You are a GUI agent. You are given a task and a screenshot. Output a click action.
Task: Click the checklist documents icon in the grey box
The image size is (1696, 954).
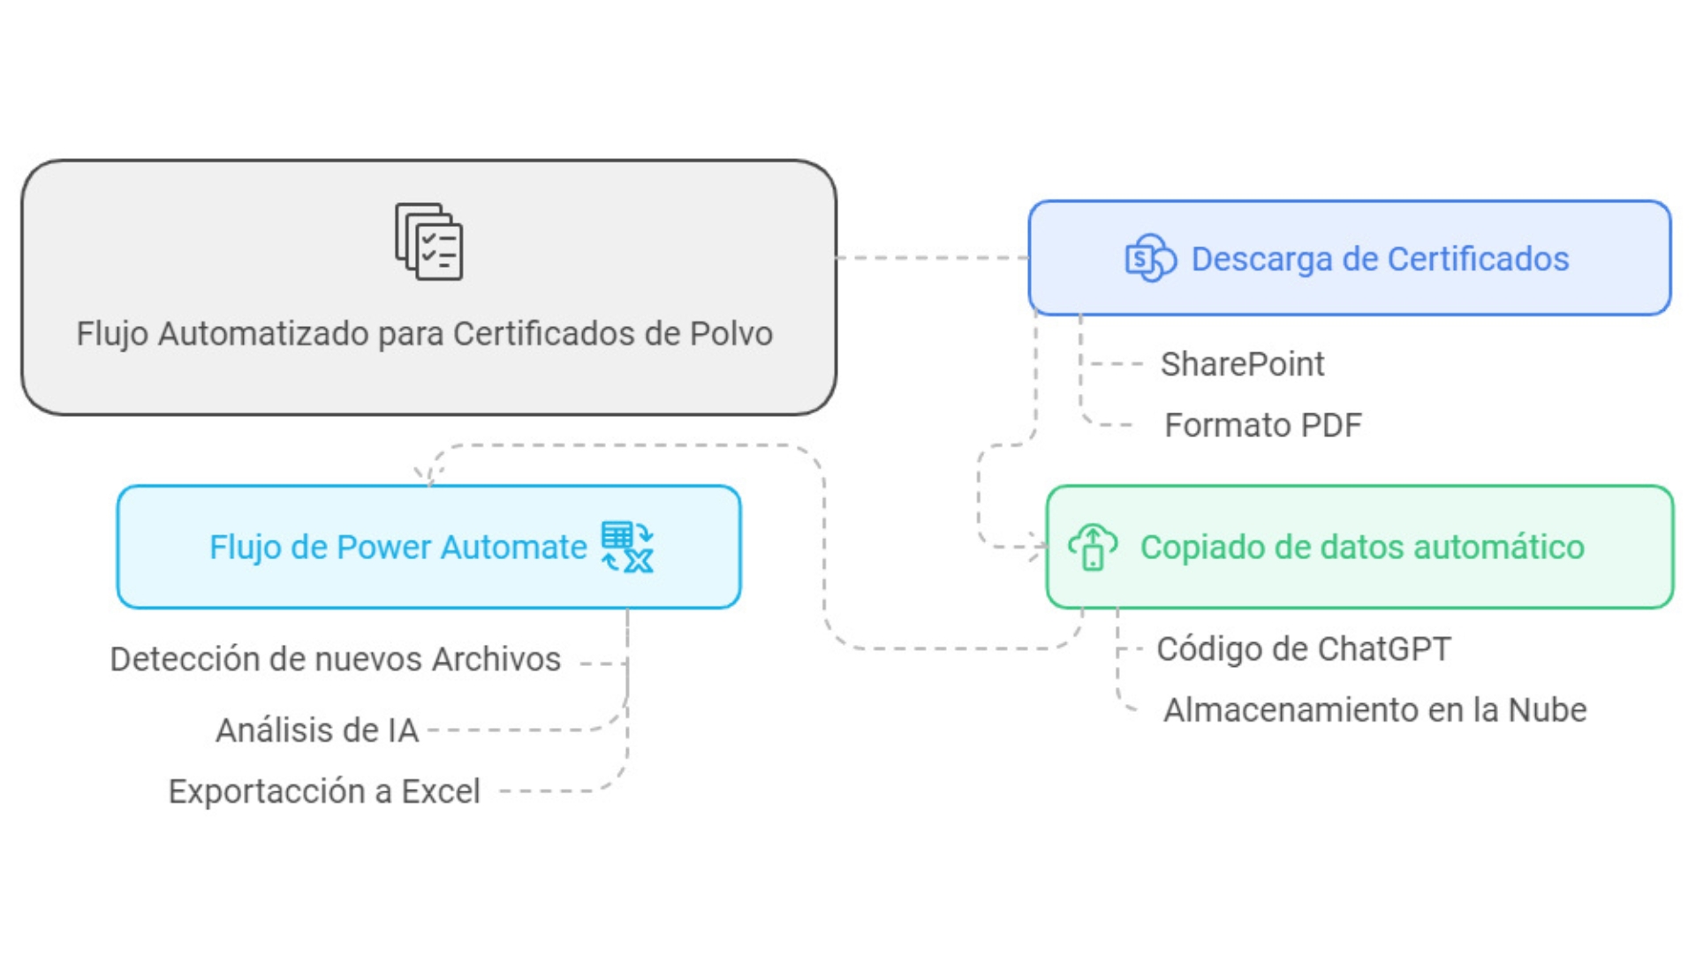pyautogui.click(x=428, y=242)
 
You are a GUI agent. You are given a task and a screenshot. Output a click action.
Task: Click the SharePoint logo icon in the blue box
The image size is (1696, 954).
pyautogui.click(x=1150, y=258)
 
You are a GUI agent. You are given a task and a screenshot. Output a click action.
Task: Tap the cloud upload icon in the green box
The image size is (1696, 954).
pyautogui.click(x=1093, y=547)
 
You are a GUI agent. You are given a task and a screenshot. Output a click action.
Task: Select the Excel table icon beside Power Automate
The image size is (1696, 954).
pyautogui.click(x=627, y=547)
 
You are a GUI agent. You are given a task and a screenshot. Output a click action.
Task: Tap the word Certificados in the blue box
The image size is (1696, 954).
pyautogui.click(x=1478, y=259)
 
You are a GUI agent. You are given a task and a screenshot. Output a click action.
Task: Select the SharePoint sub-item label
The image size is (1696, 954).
pyautogui.click(x=1242, y=364)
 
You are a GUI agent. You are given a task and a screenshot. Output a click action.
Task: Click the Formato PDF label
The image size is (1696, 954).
pyautogui.click(x=1263, y=425)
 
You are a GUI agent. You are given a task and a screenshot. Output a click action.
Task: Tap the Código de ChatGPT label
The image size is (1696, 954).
pyautogui.click(x=1304, y=649)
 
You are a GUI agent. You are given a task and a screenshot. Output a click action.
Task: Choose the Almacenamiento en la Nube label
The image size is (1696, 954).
pyautogui.click(x=1374, y=710)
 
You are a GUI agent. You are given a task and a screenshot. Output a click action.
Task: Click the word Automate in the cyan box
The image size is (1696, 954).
pyautogui.click(x=513, y=548)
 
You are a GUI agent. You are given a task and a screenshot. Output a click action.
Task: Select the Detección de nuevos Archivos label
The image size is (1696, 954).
pyautogui.click(x=336, y=659)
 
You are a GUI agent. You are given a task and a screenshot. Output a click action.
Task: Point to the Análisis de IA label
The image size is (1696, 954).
pyautogui.click(x=317, y=731)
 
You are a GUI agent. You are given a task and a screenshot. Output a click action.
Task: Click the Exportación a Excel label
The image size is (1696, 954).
pyautogui.click(x=324, y=791)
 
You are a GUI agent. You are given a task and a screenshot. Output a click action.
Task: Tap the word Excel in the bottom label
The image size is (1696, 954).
pyautogui.click(x=441, y=791)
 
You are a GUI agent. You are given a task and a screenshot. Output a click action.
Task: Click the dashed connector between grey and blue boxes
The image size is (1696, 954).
pyautogui.click(x=933, y=258)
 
